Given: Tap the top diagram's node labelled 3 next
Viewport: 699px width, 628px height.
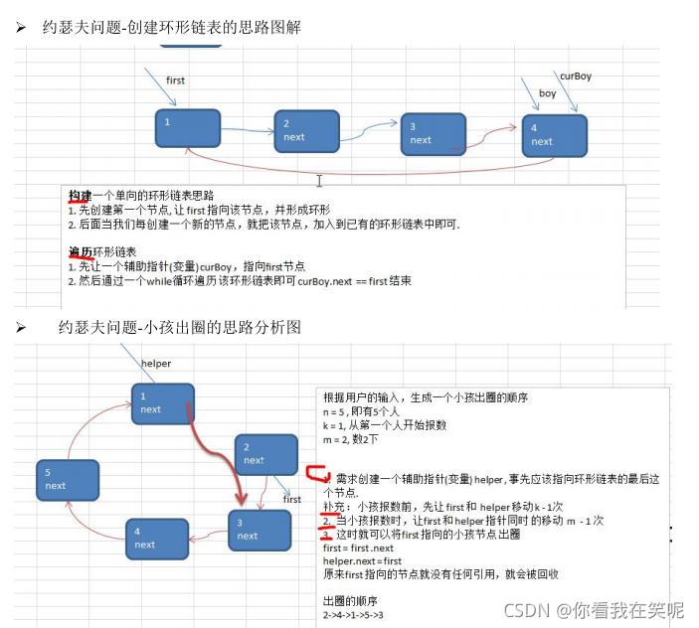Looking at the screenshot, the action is (433, 134).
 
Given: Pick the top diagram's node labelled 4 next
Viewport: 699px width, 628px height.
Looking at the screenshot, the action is (554, 135).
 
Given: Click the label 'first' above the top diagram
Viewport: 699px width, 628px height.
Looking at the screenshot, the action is (175, 80).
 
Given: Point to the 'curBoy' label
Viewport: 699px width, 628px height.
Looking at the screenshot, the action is (575, 76).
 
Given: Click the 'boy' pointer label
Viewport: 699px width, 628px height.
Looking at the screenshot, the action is (548, 93).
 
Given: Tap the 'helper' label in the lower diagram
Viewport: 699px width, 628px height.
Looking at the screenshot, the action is (156, 364).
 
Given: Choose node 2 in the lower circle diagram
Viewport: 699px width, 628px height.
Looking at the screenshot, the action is (265, 454).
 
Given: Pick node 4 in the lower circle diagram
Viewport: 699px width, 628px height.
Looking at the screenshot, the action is (158, 539).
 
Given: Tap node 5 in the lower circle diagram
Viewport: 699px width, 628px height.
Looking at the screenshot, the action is (67, 479).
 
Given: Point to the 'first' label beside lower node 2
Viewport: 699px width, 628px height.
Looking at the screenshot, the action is (292, 500).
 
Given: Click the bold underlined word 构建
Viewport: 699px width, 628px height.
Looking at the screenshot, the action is (80, 195).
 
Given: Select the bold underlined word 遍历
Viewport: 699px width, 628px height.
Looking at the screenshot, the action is (80, 251).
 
